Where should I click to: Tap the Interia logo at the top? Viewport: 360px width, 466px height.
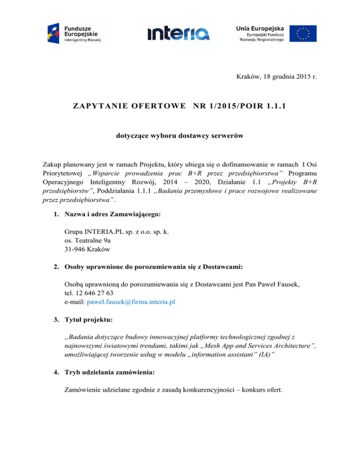coord(179,33)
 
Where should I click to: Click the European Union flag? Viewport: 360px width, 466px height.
coord(302,33)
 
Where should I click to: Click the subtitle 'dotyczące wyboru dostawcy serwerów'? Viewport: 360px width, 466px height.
coord(180,139)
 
